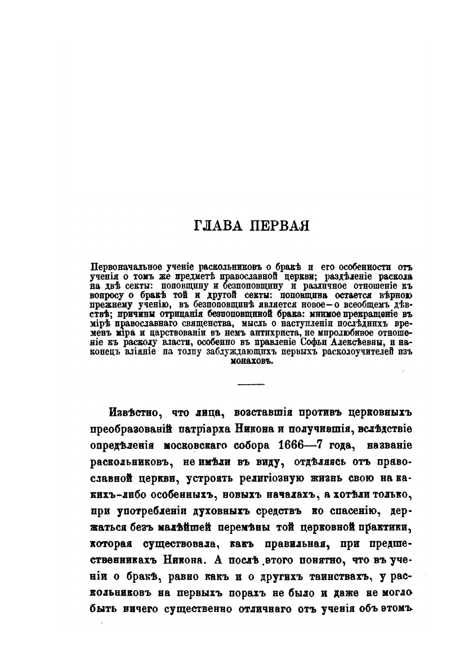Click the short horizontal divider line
(252, 384)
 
